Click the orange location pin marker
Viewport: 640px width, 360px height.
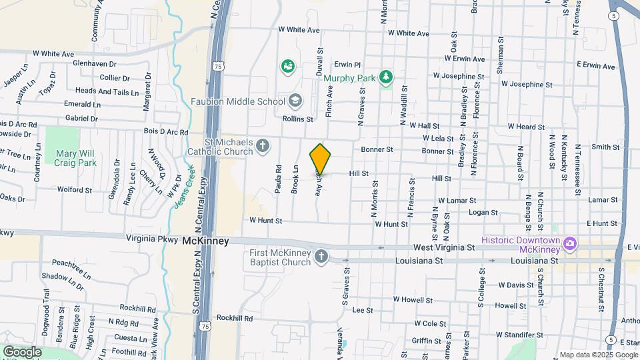tap(321, 159)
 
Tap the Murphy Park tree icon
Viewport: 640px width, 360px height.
tap(385, 78)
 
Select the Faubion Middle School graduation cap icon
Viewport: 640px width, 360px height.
tap(295, 101)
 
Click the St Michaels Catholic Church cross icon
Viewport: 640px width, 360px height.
tap(263, 146)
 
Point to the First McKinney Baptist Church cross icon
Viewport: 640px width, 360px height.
tap(321, 257)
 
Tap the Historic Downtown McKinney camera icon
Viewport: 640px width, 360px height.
tap(570, 244)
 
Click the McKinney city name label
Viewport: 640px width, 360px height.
tap(206, 241)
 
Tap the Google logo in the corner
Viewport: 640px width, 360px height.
tap(22, 351)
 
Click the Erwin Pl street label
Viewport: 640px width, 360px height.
tap(347, 65)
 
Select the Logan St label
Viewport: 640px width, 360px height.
tap(484, 213)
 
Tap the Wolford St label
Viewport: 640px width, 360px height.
tap(74, 190)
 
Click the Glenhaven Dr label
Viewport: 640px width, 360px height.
tap(95, 63)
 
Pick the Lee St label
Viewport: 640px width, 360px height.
tap(362, 310)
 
